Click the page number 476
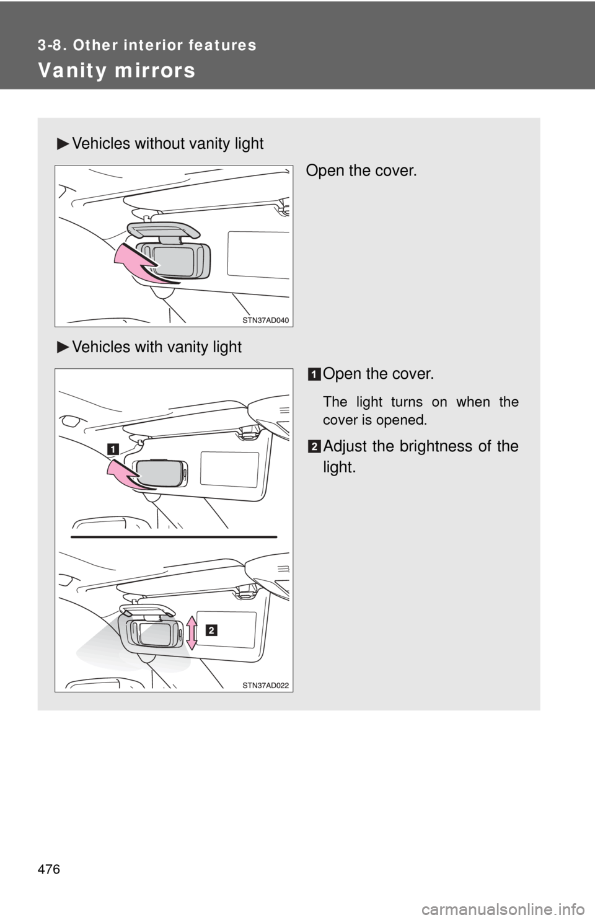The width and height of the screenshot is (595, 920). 49,869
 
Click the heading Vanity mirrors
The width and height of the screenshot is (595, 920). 117,70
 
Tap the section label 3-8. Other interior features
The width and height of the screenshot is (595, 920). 147,45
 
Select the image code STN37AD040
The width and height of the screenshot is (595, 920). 266,321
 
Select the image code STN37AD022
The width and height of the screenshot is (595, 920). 266,685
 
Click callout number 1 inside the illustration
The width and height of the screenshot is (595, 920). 113,449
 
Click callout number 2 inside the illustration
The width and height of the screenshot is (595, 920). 211,630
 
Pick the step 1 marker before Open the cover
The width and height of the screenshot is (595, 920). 314,374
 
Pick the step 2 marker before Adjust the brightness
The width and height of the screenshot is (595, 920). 314,447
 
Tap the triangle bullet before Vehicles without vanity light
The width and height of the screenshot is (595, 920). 63,144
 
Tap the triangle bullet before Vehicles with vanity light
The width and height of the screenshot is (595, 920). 63,347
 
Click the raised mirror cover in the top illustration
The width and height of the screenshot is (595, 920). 163,229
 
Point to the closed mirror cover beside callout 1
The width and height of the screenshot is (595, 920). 161,474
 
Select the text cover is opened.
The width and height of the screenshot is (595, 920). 375,420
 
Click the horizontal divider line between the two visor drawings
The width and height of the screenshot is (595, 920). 174,537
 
